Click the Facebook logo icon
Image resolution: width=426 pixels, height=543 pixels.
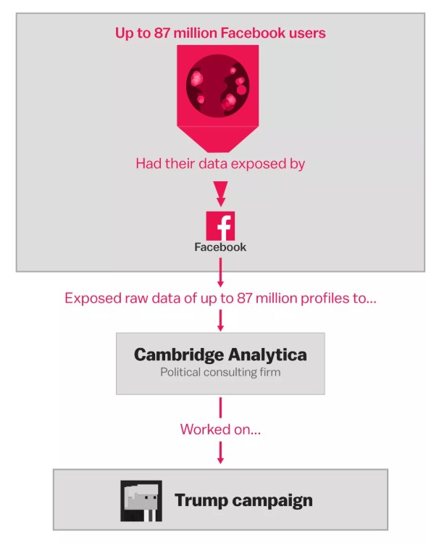pyautogui.click(x=220, y=226)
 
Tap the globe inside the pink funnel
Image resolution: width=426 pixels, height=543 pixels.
pyautogui.click(x=217, y=86)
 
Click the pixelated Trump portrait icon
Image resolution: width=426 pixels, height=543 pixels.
pyautogui.click(x=141, y=501)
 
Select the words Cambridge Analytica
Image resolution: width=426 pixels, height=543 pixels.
pyautogui.click(x=220, y=355)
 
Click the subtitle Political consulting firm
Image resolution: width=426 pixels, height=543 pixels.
pyautogui.click(x=220, y=373)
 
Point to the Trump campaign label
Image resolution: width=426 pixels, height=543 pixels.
pyautogui.click(x=243, y=501)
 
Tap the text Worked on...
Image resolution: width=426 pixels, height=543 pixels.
pyautogui.click(x=220, y=429)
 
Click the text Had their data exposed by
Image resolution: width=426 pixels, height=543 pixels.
pyautogui.click(x=220, y=164)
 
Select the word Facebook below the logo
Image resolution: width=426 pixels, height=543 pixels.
pyautogui.click(x=220, y=247)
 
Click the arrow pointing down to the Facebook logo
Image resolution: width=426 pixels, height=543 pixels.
pyautogui.click(x=220, y=194)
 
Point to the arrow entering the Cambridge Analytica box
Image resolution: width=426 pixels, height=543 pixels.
pyautogui.click(x=220, y=320)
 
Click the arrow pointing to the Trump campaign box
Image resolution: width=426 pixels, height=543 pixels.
pyautogui.click(x=220, y=452)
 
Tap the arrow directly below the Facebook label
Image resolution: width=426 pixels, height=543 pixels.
pyautogui.click(x=220, y=273)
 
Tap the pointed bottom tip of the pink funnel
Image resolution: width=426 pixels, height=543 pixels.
pyautogui.click(x=218, y=152)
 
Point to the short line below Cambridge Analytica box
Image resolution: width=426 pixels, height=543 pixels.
pyautogui.click(x=220, y=407)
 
